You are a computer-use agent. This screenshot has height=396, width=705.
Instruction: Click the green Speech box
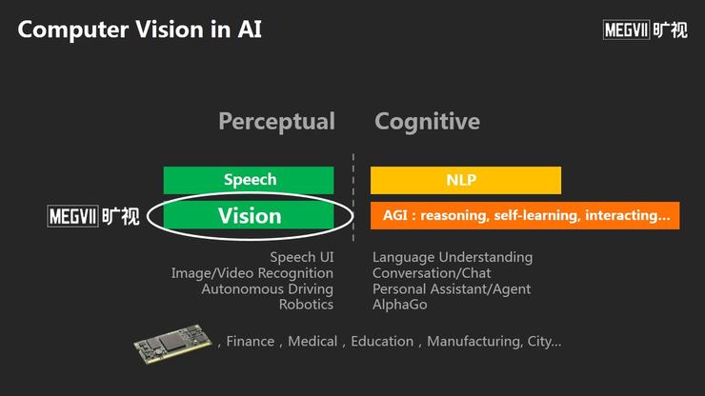[x=249, y=180]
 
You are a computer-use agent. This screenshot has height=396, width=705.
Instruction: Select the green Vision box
[x=249, y=215]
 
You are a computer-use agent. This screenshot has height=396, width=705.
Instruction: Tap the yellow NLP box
[x=466, y=180]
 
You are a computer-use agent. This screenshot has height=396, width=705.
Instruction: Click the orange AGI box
[x=525, y=215]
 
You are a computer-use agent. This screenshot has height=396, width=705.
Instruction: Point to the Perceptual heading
[x=276, y=121]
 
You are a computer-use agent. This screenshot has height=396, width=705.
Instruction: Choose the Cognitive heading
[x=427, y=121]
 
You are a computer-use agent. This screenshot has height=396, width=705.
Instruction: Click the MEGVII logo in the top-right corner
[x=645, y=30]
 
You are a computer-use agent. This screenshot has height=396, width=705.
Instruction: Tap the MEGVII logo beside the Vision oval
[x=93, y=216]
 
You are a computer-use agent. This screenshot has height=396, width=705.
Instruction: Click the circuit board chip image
[x=172, y=343]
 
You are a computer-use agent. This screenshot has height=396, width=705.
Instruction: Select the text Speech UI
[x=302, y=257]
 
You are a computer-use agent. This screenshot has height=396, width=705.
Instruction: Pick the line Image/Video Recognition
[x=252, y=273]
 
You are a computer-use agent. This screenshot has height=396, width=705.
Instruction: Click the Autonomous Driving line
[x=268, y=289]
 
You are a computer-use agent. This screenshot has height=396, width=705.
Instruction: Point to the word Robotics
[x=306, y=305]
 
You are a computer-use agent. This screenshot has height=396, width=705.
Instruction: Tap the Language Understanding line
[x=453, y=257]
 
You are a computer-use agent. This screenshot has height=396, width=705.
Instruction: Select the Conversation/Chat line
[x=432, y=273]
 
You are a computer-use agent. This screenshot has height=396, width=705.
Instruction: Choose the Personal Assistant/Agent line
[x=452, y=289]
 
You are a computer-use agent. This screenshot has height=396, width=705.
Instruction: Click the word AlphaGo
[x=400, y=305]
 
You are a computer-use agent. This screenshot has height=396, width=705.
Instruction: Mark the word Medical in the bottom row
[x=312, y=341]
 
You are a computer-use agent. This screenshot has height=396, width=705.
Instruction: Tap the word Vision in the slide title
[x=170, y=30]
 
